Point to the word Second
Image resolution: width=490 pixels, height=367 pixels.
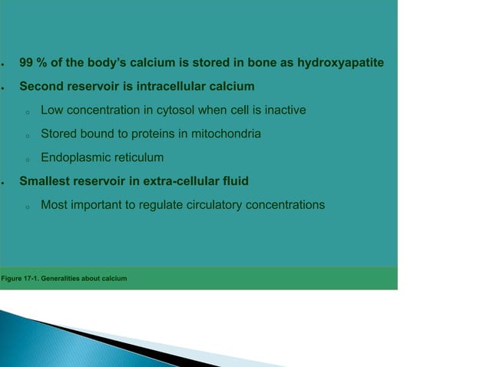pyautogui.click(x=41, y=86)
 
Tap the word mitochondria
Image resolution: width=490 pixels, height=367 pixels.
pyautogui.click(x=221, y=134)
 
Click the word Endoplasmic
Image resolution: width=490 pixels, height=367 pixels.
pyautogui.click(x=76, y=158)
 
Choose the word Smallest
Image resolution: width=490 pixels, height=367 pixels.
pyautogui.click(x=45, y=182)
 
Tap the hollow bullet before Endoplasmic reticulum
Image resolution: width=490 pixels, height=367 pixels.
pyautogui.click(x=26, y=160)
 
